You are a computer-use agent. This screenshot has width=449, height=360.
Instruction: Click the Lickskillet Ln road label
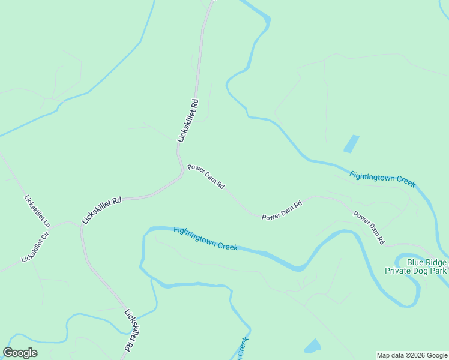[x=37, y=210]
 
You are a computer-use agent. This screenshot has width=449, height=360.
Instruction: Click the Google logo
[x=20, y=353]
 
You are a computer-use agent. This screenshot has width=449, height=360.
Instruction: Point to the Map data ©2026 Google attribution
[x=412, y=355]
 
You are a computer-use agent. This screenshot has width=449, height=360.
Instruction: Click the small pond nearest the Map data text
[x=312, y=346]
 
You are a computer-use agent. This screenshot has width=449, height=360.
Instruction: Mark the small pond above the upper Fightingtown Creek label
[x=351, y=144]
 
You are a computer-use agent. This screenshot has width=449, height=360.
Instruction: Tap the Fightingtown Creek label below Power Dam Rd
[x=206, y=238]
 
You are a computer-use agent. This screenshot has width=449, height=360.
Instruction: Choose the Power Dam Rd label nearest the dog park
[x=369, y=227]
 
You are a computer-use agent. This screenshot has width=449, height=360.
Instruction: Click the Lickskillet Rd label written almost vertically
[x=188, y=120]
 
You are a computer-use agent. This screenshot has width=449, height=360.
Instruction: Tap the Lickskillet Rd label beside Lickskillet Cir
[x=102, y=210]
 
